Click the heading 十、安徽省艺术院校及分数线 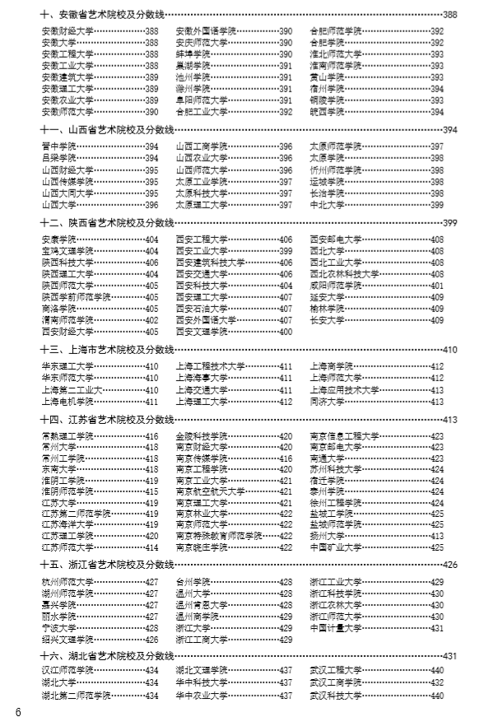click(x=107, y=15)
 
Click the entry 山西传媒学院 click(x=67, y=181)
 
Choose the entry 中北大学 click(x=327, y=204)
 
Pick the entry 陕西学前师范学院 click(x=76, y=297)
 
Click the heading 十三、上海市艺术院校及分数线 click(x=107, y=349)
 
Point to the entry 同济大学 click(x=327, y=402)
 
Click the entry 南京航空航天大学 click(x=210, y=491)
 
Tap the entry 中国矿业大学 click(x=335, y=547)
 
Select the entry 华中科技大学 click(x=202, y=682)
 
